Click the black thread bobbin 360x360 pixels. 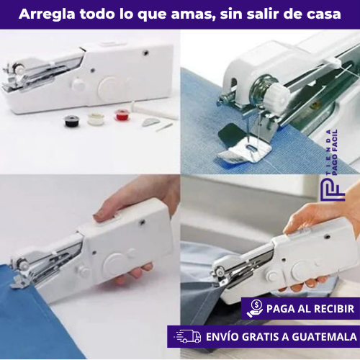coord(72,120)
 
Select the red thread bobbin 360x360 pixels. coord(122,114)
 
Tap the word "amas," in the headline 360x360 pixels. coord(190,14)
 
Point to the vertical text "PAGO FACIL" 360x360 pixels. coord(336,154)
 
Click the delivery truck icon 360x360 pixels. coord(188,336)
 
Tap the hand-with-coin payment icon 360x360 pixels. coord(254,308)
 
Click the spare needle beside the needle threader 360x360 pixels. coord(166,126)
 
